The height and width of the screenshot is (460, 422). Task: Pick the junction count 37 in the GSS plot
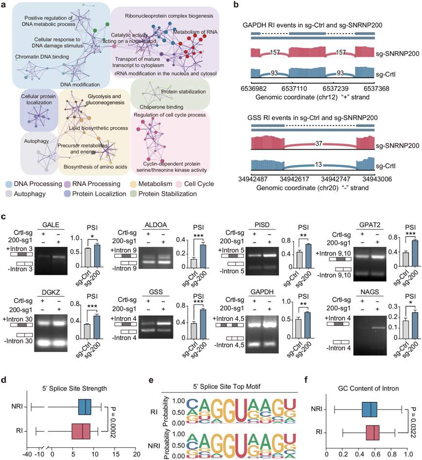tap(317, 143)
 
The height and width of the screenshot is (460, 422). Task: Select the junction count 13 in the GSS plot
tap(318, 165)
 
